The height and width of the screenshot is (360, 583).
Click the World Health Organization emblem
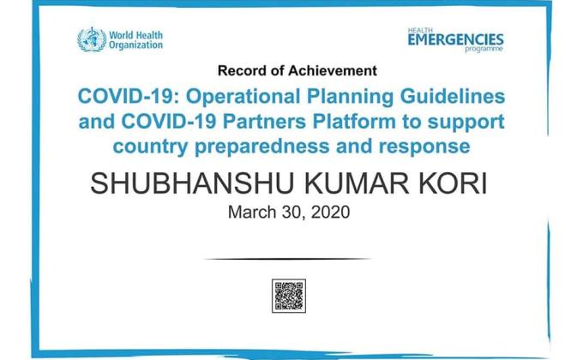point(90,39)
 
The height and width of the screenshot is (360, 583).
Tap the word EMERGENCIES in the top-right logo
point(455,39)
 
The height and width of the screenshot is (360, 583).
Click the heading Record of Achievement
point(297,69)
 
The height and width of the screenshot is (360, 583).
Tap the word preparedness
point(273,147)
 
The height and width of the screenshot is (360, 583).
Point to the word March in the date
point(249,212)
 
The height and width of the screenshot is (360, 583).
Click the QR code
point(289,296)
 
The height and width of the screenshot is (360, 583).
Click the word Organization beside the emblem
point(135,45)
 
